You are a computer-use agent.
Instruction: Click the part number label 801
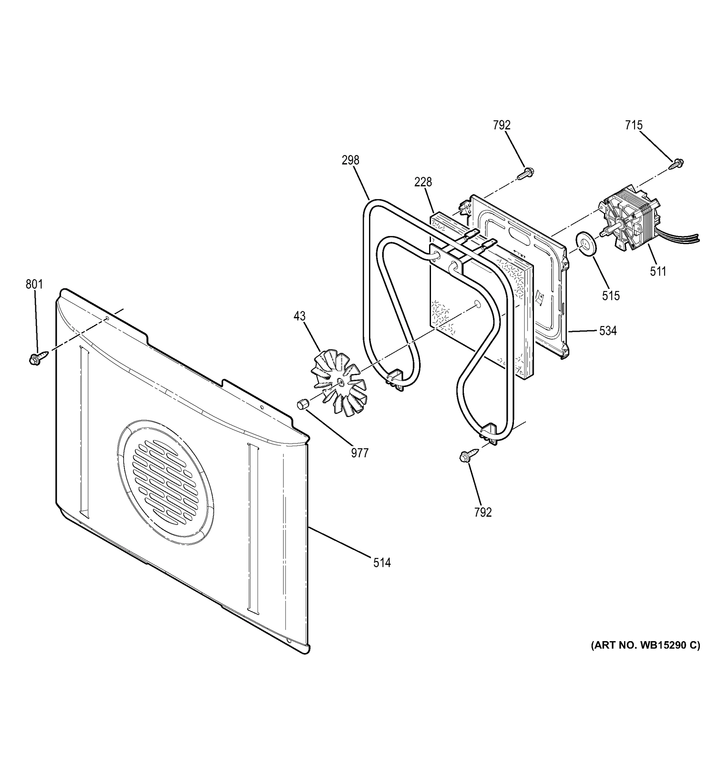(34, 284)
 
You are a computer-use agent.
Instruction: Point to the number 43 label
(299, 316)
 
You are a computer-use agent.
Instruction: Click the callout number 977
(359, 453)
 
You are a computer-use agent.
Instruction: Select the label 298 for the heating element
(350, 160)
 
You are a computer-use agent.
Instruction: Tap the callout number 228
(423, 182)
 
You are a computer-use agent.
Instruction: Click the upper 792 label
(502, 125)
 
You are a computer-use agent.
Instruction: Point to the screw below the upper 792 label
(525, 173)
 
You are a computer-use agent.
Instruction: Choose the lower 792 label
(483, 512)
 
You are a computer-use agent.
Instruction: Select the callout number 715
(634, 125)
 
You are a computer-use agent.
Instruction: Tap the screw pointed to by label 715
(677, 164)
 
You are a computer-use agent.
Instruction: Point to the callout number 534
(608, 331)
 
